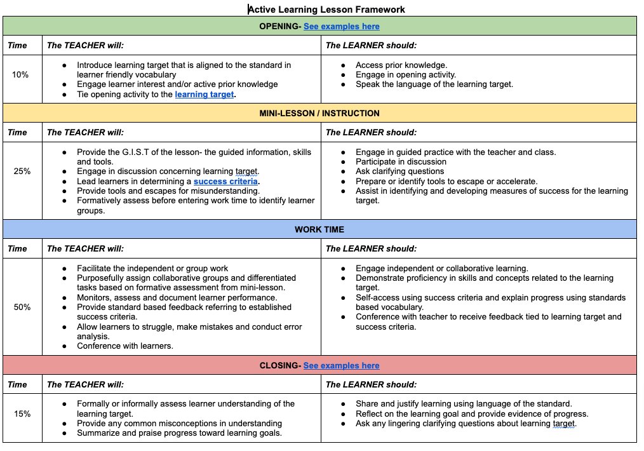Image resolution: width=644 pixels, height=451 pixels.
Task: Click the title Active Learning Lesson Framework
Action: [326, 9]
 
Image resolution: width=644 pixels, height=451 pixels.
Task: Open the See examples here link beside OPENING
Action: [341, 26]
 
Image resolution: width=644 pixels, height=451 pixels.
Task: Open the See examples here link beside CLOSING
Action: [341, 365]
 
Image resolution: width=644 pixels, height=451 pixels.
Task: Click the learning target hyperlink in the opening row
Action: [205, 94]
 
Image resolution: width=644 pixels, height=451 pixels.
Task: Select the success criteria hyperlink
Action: [226, 181]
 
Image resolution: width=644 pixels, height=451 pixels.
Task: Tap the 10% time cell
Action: [20, 74]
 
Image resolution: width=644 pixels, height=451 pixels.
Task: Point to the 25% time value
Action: [22, 171]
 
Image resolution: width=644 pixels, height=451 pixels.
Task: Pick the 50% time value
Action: [22, 307]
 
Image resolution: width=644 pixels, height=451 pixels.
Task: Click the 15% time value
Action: [22, 414]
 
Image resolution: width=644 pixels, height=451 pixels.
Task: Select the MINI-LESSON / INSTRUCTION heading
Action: [319, 113]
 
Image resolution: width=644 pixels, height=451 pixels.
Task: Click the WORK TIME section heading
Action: [319, 229]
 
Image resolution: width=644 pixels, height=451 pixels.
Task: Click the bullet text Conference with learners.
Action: [125, 346]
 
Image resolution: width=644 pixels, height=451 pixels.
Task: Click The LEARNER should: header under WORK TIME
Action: [371, 248]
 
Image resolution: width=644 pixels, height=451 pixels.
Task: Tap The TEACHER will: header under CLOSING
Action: [85, 384]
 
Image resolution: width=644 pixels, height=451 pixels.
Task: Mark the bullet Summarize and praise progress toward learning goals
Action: [179, 433]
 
